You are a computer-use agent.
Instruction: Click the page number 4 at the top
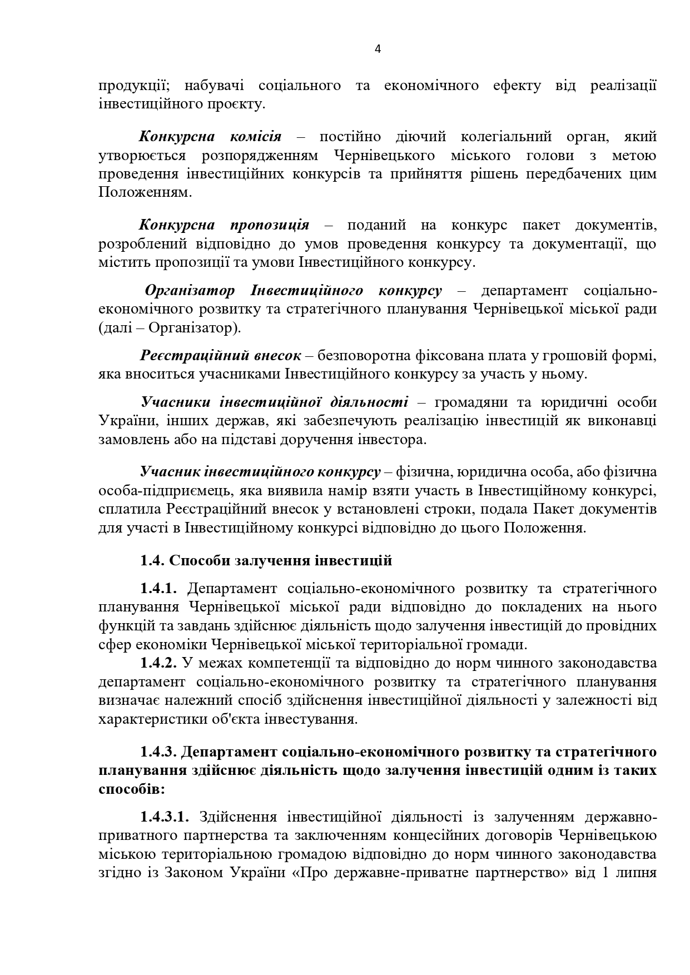click(x=378, y=49)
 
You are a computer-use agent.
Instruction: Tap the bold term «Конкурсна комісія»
click(x=210, y=136)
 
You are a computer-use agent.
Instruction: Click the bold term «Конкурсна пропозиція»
click(x=224, y=225)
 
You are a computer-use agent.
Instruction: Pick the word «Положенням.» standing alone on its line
click(x=145, y=192)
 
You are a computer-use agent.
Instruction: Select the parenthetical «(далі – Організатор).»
click(x=170, y=328)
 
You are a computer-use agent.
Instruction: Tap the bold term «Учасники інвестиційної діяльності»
click(x=274, y=402)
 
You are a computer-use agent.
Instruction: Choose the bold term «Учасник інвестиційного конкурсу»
click(x=260, y=472)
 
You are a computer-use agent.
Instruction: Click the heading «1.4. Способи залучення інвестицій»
click(x=266, y=560)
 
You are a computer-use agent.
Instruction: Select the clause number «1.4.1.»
click(x=158, y=588)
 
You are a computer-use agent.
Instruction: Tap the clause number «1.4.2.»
click(x=158, y=663)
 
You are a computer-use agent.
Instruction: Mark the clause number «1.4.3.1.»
click(x=165, y=817)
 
